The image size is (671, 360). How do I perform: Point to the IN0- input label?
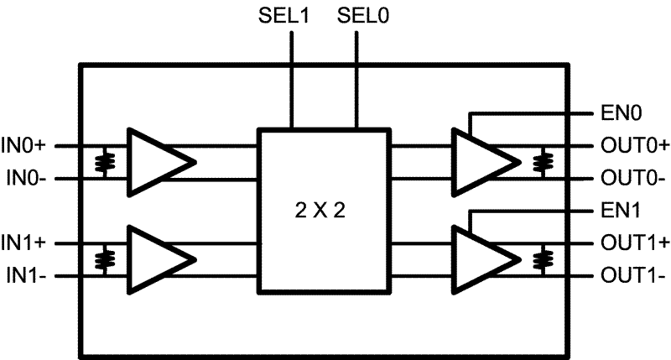pos(27,178)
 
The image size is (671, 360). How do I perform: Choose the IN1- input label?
pos(27,274)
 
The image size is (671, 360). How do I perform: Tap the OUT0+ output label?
pos(634,145)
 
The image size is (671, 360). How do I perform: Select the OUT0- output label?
pos(632,178)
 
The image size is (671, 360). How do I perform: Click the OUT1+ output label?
pos(634,243)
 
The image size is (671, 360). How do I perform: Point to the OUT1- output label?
pos(632,274)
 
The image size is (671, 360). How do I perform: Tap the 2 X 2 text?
pos(323,211)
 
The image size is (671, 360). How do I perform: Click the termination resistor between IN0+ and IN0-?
pos(104,161)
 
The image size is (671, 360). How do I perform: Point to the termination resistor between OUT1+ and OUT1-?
pos(546,258)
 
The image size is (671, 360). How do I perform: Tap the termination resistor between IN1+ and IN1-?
pos(104,258)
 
